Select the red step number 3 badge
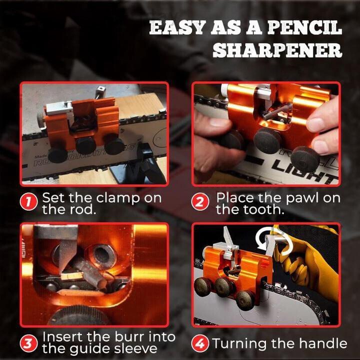(30, 343)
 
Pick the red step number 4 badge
(201, 343)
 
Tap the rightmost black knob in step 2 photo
(305, 159)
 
